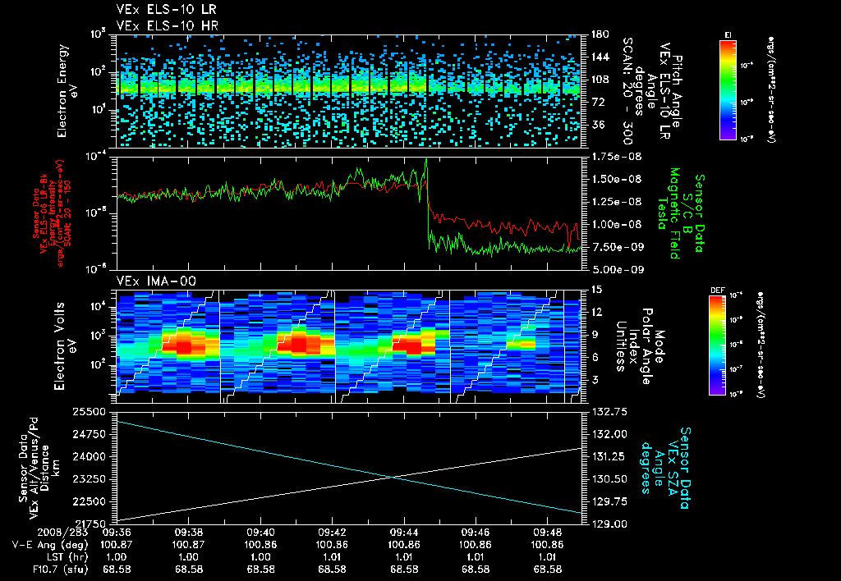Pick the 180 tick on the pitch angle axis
click(598, 34)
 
